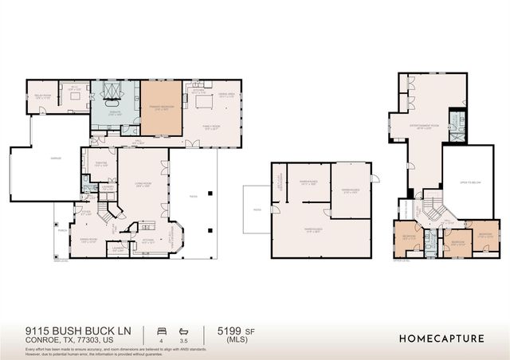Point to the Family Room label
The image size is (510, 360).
click(x=211, y=126)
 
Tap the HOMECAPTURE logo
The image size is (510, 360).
click(x=442, y=338)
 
